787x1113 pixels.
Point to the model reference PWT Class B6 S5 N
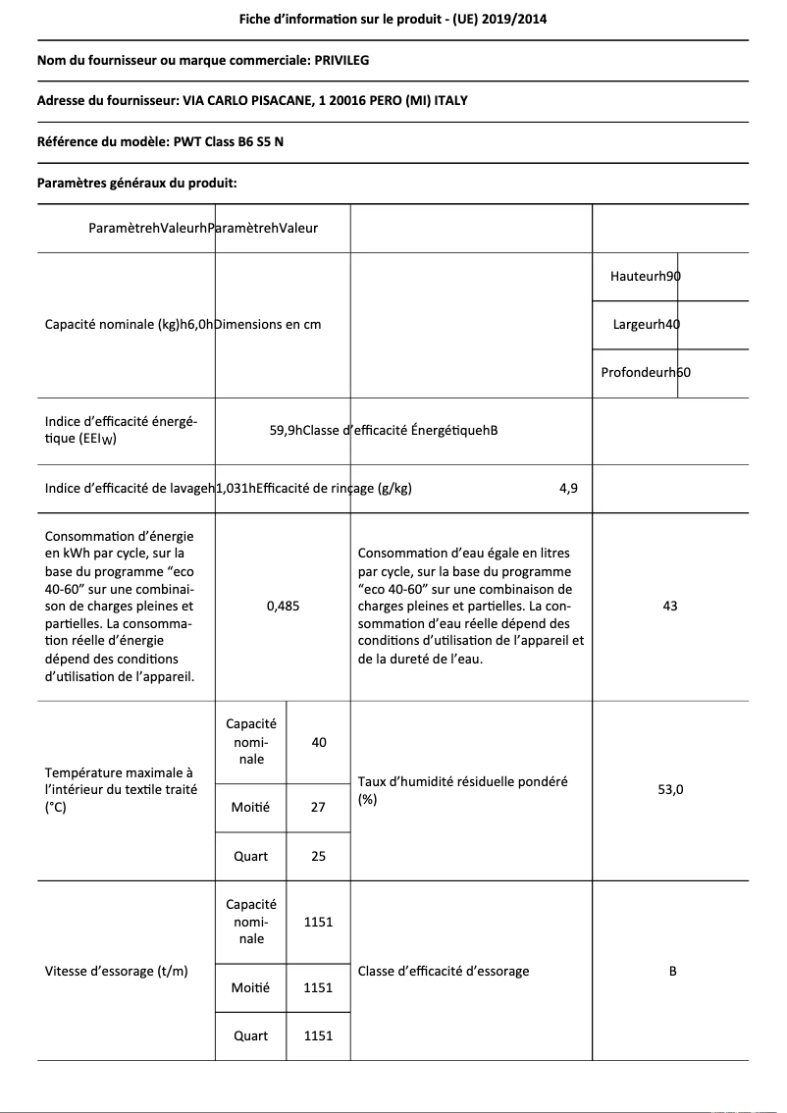coord(229,141)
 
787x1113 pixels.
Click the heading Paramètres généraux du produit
coord(136,183)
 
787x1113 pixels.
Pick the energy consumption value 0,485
coord(283,607)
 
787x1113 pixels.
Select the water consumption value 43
coord(670,607)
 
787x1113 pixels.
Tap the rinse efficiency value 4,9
coord(568,490)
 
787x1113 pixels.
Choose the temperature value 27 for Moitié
coord(318,807)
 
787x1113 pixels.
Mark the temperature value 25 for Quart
coord(318,856)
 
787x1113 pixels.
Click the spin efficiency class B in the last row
coord(672,971)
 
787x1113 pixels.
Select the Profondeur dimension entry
coord(646,373)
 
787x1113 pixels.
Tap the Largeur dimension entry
coord(646,325)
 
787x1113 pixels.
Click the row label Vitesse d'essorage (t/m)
coord(116,971)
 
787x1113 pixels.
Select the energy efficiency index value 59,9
coord(285,430)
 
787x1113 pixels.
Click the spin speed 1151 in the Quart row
coord(318,1035)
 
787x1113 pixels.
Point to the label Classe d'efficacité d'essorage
coord(444,971)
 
